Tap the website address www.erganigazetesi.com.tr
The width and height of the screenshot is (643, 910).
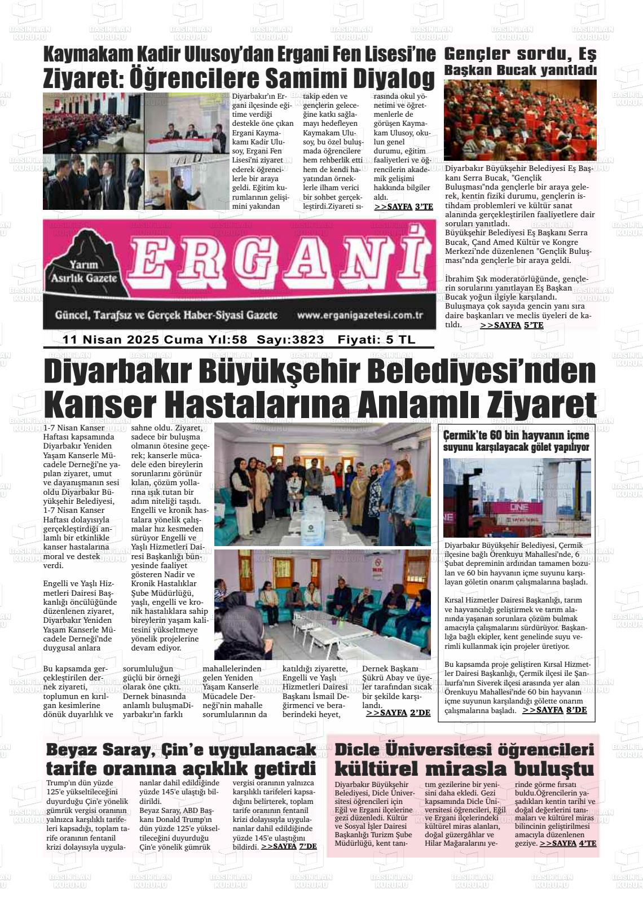360,315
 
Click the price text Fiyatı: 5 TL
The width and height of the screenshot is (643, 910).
376,340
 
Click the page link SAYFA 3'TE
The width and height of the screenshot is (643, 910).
403,207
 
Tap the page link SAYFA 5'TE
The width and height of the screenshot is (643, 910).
512,326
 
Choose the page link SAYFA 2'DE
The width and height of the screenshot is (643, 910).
398,713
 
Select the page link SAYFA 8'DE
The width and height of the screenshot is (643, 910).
554,710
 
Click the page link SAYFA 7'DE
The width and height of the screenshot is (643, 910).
289,846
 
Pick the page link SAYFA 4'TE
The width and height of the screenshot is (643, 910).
568,843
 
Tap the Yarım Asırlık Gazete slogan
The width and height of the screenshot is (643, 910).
84,271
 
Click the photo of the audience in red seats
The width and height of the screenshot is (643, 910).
520,120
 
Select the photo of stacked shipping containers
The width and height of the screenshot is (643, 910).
517,498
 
